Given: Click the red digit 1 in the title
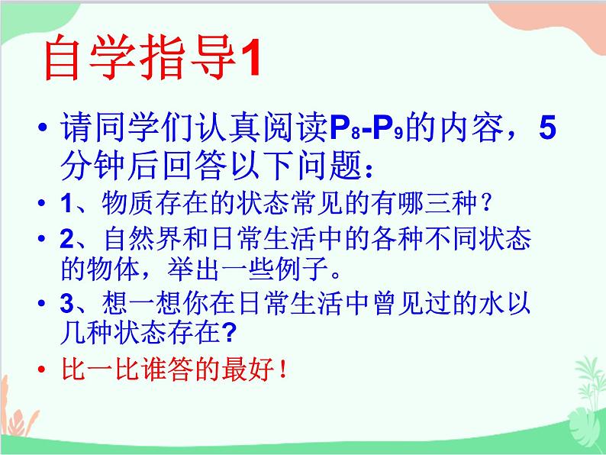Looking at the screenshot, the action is click(x=250, y=59).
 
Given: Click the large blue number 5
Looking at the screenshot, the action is click(x=548, y=127).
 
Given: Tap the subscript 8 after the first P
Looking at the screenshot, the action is click(x=356, y=134).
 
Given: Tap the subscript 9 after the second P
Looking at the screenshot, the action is click(x=398, y=134).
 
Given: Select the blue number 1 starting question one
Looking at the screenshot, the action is click(x=66, y=202).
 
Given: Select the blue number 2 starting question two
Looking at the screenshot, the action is click(x=67, y=238).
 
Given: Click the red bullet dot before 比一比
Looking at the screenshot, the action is click(x=42, y=369).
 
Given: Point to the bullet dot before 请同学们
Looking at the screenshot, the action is click(x=43, y=127).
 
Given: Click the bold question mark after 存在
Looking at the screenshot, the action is click(x=229, y=332).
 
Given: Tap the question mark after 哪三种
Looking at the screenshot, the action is click(x=486, y=203).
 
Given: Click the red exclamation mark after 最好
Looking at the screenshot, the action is click(x=283, y=369).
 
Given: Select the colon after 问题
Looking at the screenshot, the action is click(x=369, y=170).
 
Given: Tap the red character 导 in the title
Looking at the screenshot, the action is click(x=214, y=58).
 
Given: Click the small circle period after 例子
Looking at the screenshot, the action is click(x=336, y=274).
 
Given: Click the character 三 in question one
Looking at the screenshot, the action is click(x=437, y=202).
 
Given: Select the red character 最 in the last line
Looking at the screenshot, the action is click(x=235, y=369).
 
